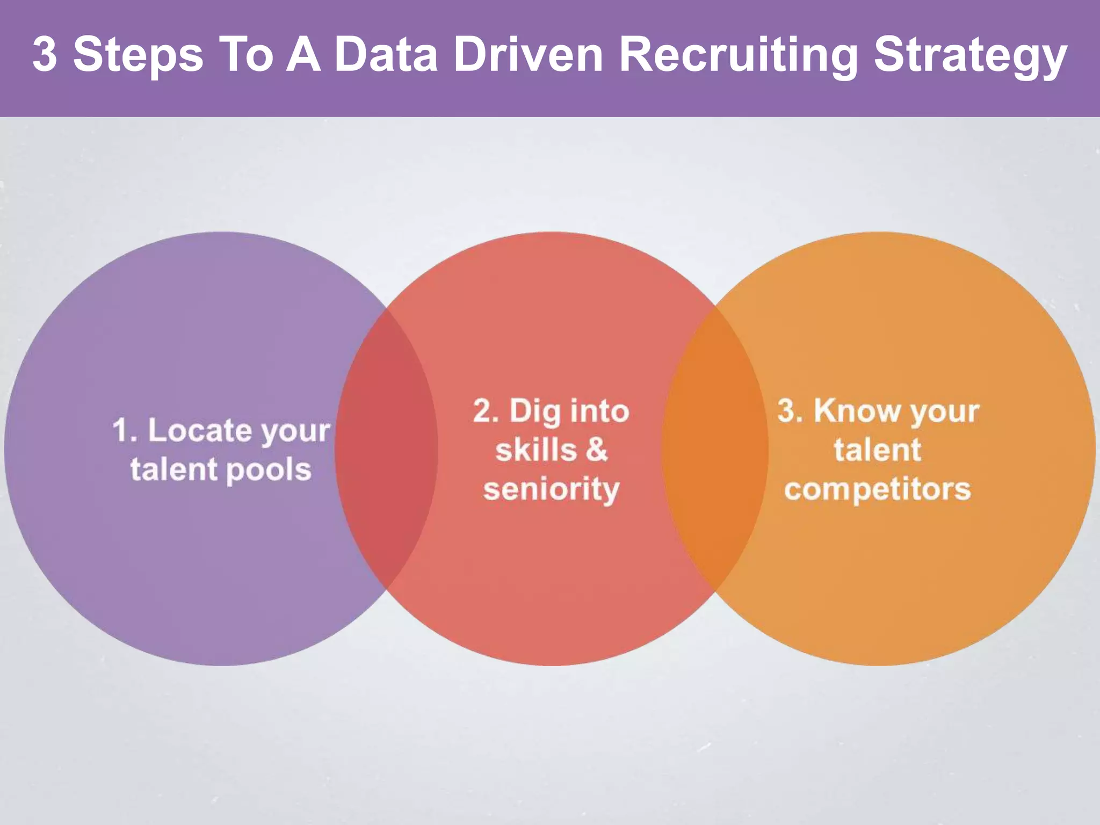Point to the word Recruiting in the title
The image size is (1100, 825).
(x=739, y=55)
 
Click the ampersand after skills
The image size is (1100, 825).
(x=596, y=450)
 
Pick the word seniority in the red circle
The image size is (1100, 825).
(x=551, y=490)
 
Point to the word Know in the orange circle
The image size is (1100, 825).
(x=856, y=411)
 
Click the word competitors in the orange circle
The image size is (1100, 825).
(x=878, y=489)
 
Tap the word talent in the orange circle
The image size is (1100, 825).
(x=878, y=450)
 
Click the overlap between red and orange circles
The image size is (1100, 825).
(x=714, y=448)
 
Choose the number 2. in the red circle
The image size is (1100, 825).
(x=486, y=412)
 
